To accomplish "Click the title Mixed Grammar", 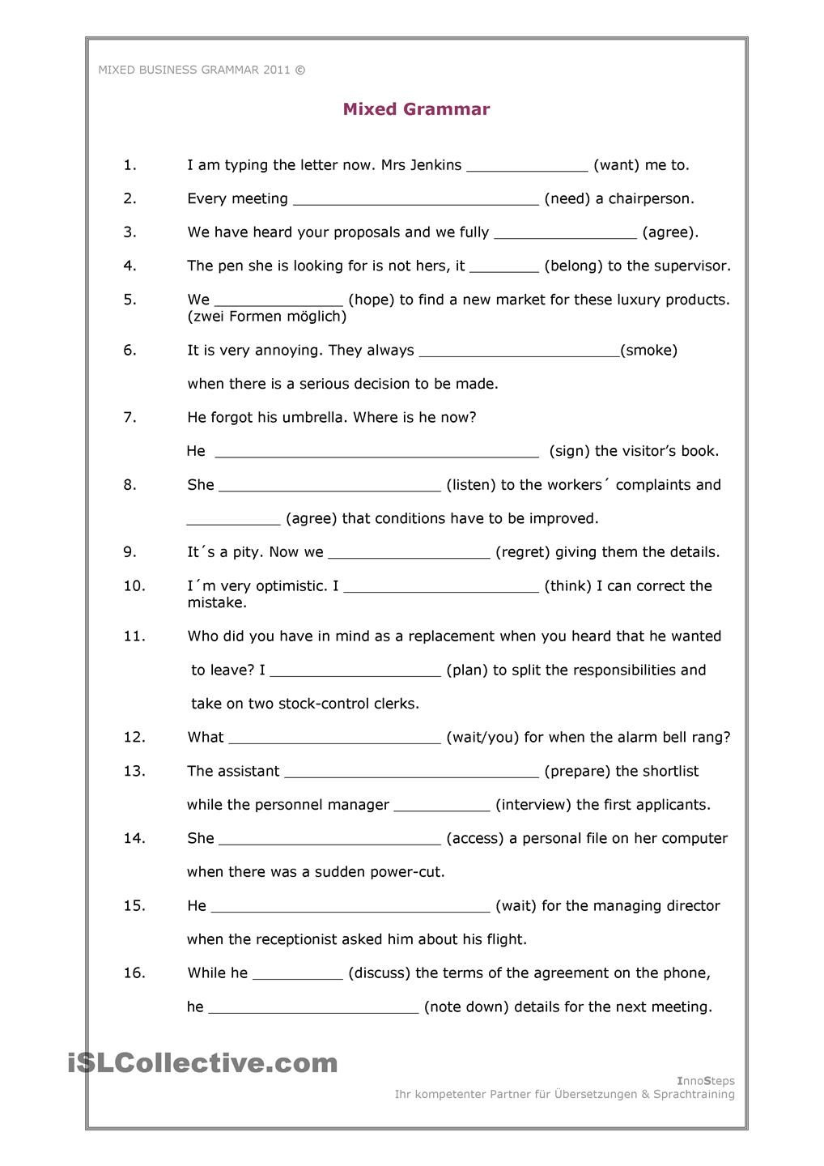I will tap(416, 109).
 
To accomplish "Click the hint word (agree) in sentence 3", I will tap(669, 232).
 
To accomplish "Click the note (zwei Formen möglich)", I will tap(267, 317).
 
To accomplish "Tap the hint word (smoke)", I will tap(648, 351).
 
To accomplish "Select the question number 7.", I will tap(130, 418).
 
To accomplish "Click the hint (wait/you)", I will tap(482, 738).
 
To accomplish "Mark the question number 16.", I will tap(134, 973).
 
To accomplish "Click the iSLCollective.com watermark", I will tap(202, 1062).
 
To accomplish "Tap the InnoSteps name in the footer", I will tap(705, 1081).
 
